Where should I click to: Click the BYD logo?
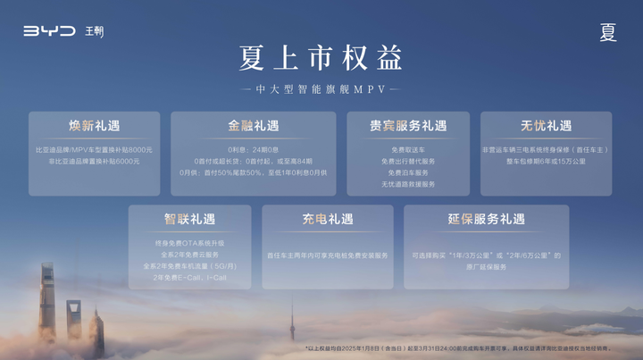(x=51, y=31)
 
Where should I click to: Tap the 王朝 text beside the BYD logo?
(x=95, y=31)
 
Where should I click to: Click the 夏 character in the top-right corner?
(x=608, y=33)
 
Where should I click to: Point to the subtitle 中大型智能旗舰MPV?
(x=321, y=89)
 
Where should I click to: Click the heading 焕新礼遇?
(x=94, y=126)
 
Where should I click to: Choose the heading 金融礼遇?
(x=253, y=126)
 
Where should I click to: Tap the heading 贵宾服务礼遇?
(x=408, y=126)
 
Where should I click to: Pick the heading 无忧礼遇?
(x=546, y=126)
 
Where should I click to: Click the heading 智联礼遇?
(x=189, y=219)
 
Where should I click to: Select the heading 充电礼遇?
(x=327, y=219)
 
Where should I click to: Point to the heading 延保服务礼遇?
(x=486, y=219)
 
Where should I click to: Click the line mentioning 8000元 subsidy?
(x=94, y=149)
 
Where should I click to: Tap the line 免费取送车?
(x=408, y=149)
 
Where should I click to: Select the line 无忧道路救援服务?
(x=408, y=184)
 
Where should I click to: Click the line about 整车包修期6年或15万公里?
(x=546, y=161)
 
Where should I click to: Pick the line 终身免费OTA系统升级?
(x=189, y=243)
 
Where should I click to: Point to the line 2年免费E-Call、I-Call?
(x=189, y=278)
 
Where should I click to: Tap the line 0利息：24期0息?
(x=253, y=149)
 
